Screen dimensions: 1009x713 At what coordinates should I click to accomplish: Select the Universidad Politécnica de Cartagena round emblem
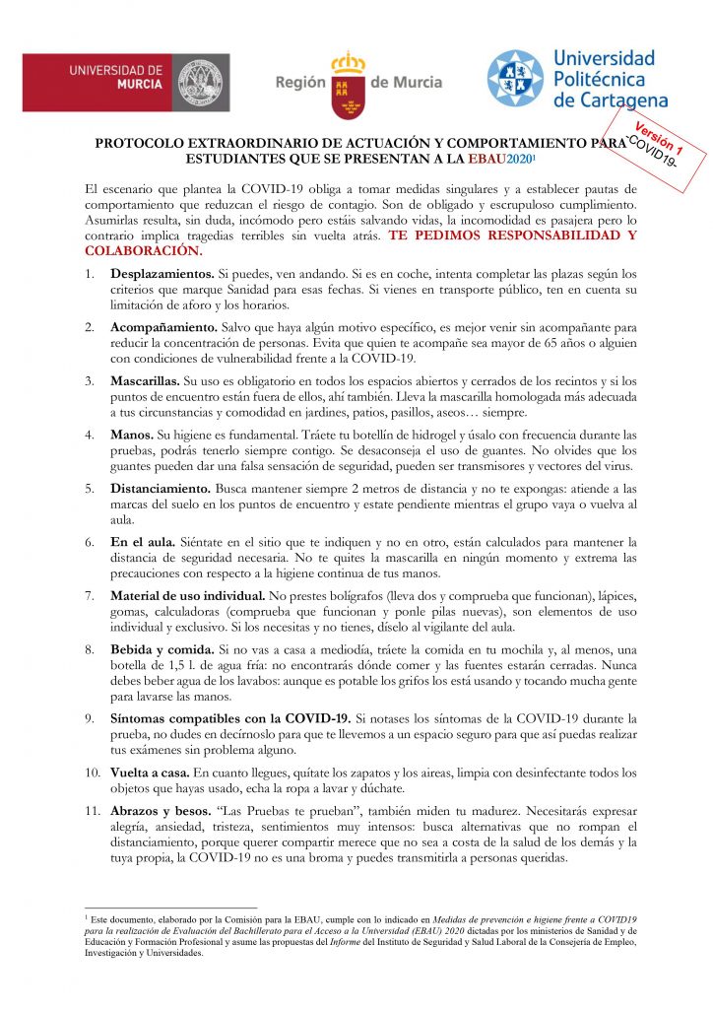[x=513, y=80]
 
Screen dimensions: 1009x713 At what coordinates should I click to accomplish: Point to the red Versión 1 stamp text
[x=659, y=131]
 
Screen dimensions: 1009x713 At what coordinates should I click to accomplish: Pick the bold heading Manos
[x=132, y=434]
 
